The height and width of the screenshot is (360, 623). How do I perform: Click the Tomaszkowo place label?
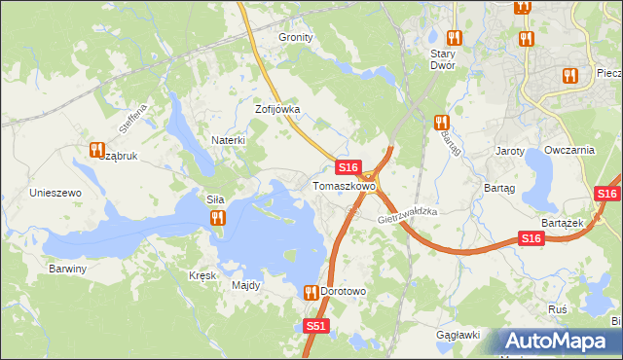[x=344, y=186]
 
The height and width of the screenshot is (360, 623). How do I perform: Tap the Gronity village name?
[x=296, y=37]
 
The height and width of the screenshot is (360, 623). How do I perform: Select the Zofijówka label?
[x=276, y=110]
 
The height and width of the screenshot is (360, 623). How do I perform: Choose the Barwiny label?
[x=68, y=268]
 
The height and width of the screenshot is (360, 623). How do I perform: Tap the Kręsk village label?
[x=202, y=275]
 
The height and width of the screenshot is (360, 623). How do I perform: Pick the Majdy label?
[x=245, y=285]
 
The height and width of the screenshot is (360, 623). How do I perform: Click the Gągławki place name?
[x=458, y=335]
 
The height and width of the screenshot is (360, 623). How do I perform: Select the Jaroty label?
[x=510, y=152]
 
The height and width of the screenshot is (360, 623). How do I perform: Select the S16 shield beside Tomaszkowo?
[x=350, y=167]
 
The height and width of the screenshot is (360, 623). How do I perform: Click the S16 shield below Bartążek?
[x=531, y=238]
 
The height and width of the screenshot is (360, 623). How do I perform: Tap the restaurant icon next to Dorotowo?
[x=311, y=292]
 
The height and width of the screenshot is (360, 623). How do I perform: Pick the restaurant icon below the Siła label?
[x=217, y=219]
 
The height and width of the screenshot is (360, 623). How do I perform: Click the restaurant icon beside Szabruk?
[x=96, y=150]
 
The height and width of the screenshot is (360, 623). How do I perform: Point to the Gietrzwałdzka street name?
[x=409, y=217]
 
